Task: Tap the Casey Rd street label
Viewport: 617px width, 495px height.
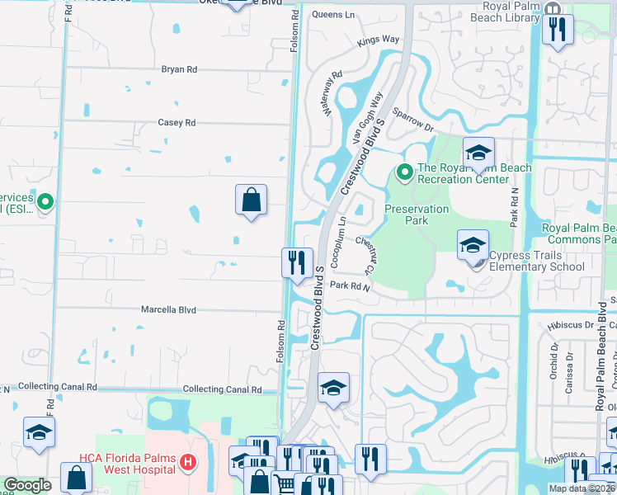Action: click(177, 123)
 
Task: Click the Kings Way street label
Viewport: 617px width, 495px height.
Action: click(379, 40)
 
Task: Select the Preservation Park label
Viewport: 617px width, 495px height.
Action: click(417, 215)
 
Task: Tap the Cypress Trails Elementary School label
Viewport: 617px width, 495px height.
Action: click(537, 261)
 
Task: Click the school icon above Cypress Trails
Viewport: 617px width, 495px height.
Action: click(472, 245)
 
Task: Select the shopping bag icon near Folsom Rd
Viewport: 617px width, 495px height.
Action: click(251, 200)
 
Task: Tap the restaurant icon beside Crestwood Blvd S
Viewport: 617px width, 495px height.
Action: click(296, 262)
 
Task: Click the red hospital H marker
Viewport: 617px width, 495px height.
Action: click(188, 462)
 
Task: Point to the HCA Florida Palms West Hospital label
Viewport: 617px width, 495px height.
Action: click(127, 464)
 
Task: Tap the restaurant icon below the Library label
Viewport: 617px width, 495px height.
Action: click(557, 31)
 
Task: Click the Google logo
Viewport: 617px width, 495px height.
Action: click(27, 486)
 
